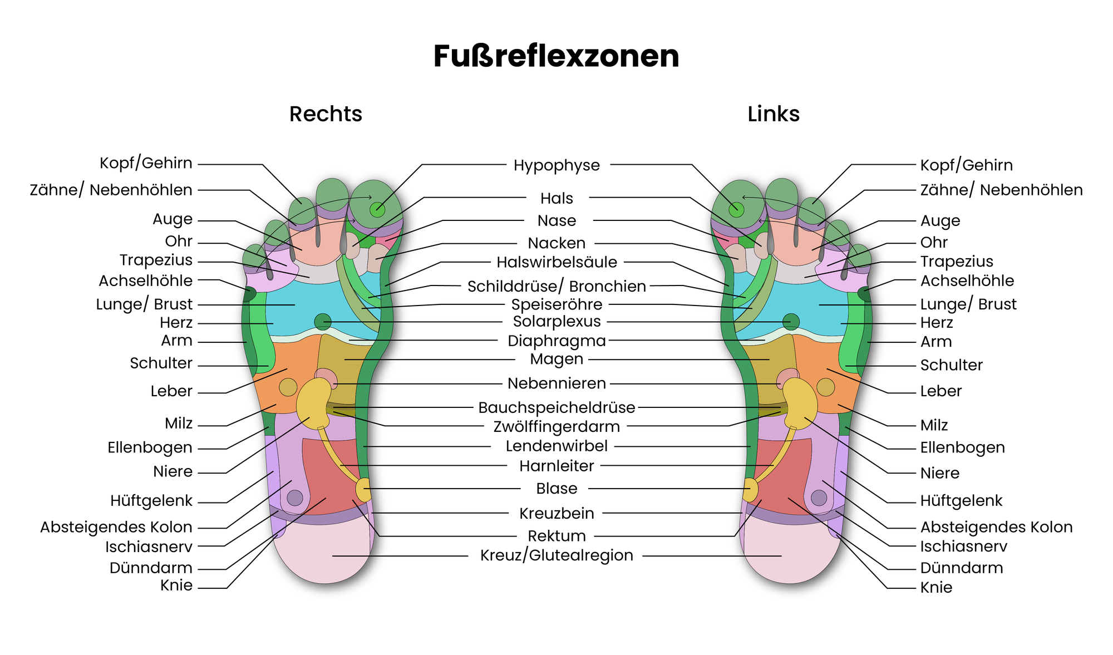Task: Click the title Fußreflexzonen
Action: click(556, 56)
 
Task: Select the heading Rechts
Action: click(326, 114)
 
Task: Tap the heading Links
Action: click(774, 114)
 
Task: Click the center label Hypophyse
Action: click(556, 165)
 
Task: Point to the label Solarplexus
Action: click(556, 322)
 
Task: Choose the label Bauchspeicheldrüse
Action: click(556, 407)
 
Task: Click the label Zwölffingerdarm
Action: click(556, 427)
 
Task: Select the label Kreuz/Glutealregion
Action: click(556, 555)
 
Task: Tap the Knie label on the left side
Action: click(176, 585)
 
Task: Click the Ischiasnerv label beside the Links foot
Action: click(963, 546)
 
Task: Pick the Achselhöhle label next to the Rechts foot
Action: click(146, 280)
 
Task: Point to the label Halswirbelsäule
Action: click(557, 262)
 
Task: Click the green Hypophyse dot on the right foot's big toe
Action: click(377, 209)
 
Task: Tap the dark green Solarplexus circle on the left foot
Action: click(791, 322)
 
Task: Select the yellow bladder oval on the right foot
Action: click(363, 490)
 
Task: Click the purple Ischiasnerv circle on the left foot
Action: click(819, 498)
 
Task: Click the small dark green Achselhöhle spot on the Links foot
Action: click(864, 293)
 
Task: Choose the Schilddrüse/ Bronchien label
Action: click(556, 286)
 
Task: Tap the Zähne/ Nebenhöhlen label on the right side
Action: click(1001, 190)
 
